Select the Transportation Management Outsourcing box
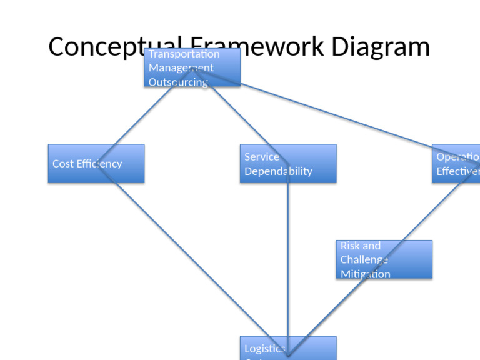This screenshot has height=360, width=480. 192,67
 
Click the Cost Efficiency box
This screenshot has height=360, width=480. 96,163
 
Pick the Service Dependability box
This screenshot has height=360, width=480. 287,163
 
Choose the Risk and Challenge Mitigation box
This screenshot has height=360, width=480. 384,259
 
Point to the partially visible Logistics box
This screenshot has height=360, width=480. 287,348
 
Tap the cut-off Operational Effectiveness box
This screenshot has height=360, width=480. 456,163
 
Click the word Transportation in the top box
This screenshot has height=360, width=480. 184,54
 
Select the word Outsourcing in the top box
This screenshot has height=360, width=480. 178,82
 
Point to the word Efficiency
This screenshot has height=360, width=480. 99,164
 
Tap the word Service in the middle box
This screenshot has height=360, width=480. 262,157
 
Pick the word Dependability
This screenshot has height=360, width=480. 278,171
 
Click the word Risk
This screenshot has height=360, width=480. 351,246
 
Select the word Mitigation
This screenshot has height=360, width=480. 365,274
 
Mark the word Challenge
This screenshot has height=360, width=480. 364,260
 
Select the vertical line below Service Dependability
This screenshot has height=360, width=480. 288,262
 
